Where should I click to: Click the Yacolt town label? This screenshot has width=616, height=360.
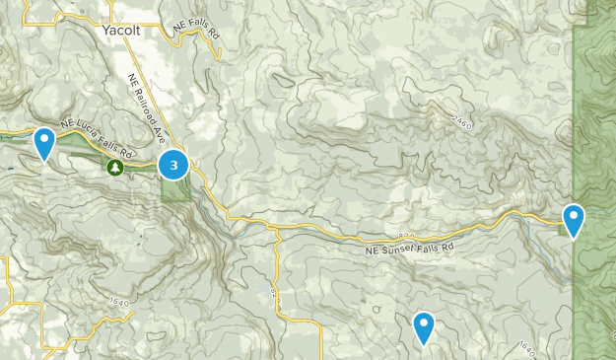122,31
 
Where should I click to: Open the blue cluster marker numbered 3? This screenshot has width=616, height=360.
173,165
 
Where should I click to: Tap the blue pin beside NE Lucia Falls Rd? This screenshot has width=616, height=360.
44,144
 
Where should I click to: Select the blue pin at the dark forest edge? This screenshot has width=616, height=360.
573,220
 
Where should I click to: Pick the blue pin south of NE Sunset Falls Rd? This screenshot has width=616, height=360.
424,327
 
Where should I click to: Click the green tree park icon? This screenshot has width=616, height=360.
115,169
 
